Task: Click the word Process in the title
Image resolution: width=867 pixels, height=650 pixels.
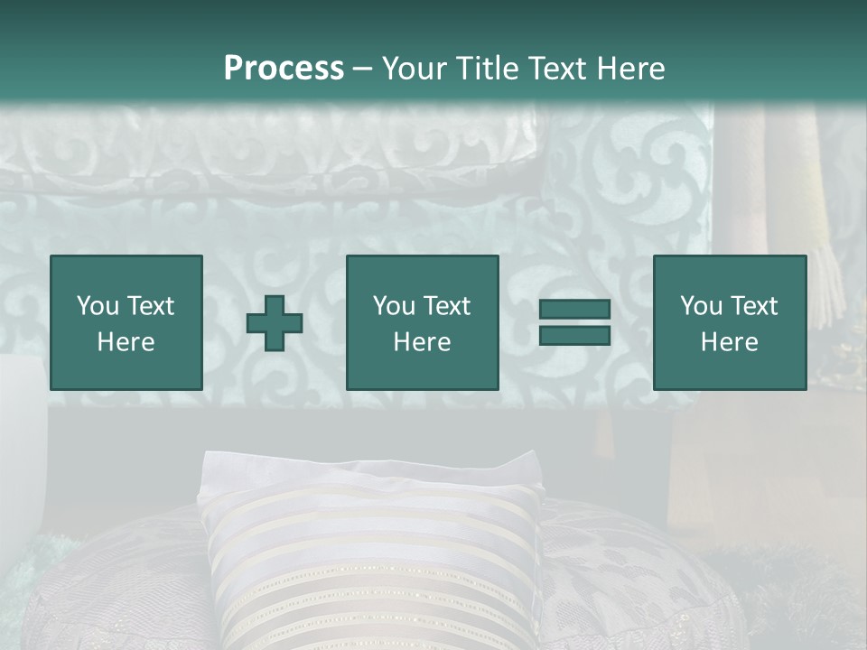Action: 284,69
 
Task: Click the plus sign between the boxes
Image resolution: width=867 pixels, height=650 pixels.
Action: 275,323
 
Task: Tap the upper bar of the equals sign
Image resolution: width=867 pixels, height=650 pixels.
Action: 574,310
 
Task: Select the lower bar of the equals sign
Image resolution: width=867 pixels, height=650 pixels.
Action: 574,336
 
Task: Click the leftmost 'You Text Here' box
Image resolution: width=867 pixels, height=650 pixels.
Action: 126,322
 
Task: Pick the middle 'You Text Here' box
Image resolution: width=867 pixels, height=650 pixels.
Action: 422,322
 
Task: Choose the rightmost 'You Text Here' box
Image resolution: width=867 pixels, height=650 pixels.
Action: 729,322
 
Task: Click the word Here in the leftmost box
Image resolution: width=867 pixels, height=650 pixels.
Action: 126,342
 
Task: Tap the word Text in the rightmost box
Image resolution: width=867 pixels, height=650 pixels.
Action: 755,306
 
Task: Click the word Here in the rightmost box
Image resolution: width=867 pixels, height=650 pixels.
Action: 729,342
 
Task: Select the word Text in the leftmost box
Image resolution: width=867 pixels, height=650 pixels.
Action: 151,306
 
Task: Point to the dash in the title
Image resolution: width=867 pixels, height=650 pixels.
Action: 362,69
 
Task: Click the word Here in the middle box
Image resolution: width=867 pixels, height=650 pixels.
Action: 422,342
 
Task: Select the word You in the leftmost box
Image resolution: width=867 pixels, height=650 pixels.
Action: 98,306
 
